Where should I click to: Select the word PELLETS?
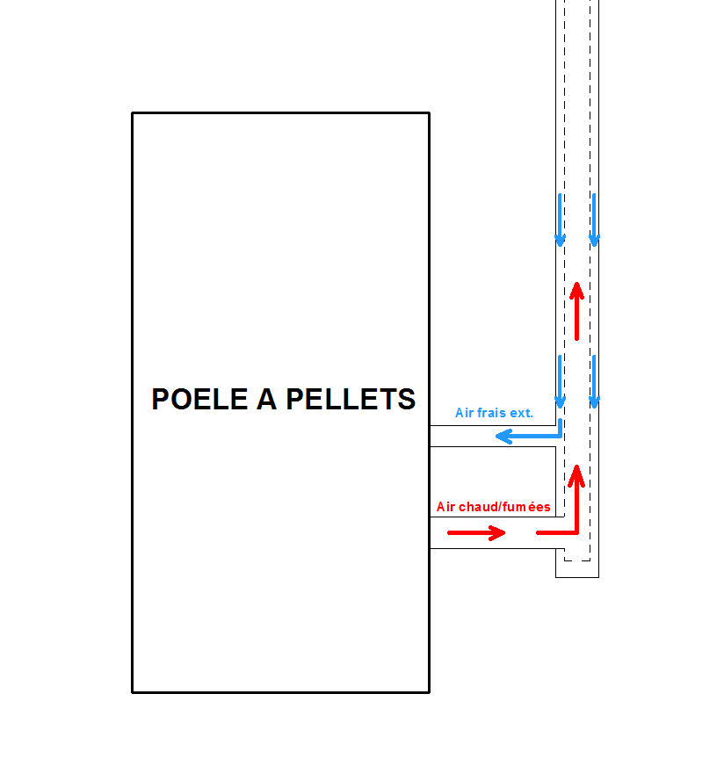[x=351, y=399]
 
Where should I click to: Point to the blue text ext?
[x=523, y=413]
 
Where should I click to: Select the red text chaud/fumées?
[x=503, y=507]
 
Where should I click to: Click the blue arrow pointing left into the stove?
[x=527, y=437]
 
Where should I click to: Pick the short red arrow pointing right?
[x=476, y=532]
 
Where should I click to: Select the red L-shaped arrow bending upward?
[x=567, y=518]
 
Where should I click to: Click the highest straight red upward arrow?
[x=576, y=311]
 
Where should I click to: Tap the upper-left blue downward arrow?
[x=560, y=220]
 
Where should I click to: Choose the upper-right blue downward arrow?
[x=594, y=220]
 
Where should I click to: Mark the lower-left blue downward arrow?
[x=560, y=381]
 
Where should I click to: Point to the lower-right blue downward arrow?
[x=594, y=381]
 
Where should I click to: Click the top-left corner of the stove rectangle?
[x=133, y=113]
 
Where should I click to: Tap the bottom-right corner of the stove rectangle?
[x=429, y=692]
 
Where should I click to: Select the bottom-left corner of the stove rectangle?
[x=133, y=692]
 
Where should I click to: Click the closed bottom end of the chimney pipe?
[x=577, y=576]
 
